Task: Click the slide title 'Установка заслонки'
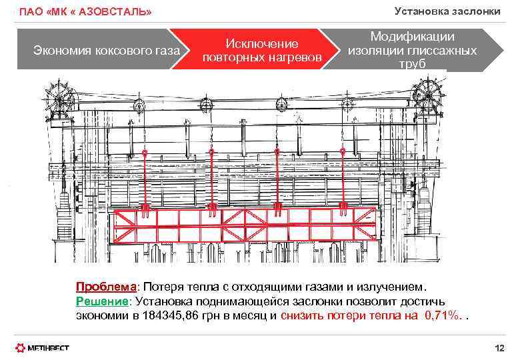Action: click(447, 11)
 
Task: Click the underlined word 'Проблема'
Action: click(106, 287)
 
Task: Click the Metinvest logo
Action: click(43, 347)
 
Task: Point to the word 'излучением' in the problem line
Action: click(386, 287)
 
